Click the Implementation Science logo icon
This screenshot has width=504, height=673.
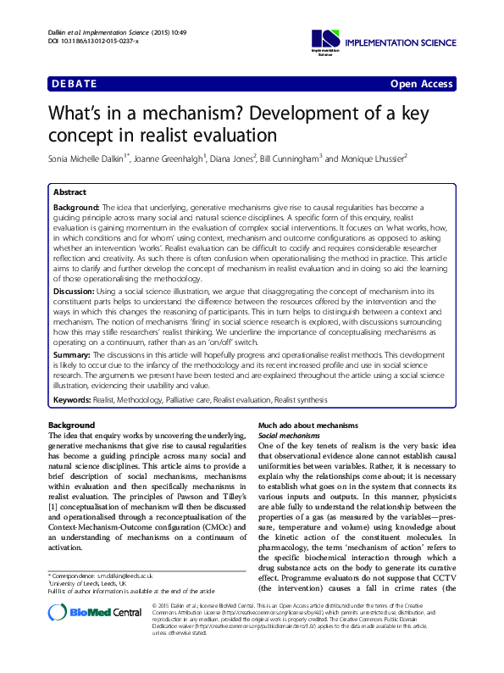click(x=325, y=37)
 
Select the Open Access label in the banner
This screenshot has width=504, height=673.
click(x=422, y=84)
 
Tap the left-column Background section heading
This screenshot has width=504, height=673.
click(x=72, y=425)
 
